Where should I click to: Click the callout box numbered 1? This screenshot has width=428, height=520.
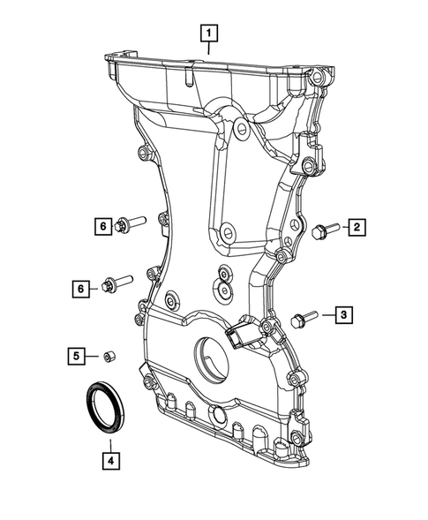[209, 34]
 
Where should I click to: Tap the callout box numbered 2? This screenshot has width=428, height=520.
[357, 229]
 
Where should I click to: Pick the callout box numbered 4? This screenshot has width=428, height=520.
[109, 459]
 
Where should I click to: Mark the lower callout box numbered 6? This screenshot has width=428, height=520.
[83, 287]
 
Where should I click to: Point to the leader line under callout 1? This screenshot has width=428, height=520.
[209, 49]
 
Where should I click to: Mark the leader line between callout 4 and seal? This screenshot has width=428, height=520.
[109, 439]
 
